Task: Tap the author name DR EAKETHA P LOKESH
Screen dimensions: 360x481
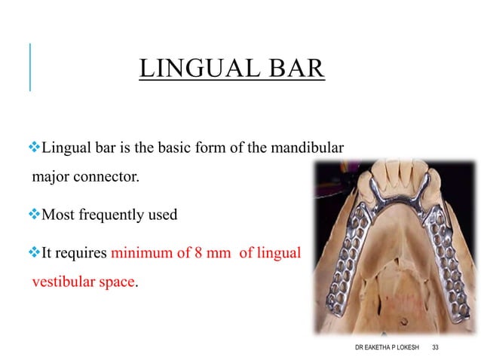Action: [387, 346]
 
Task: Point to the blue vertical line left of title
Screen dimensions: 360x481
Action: [30, 68]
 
